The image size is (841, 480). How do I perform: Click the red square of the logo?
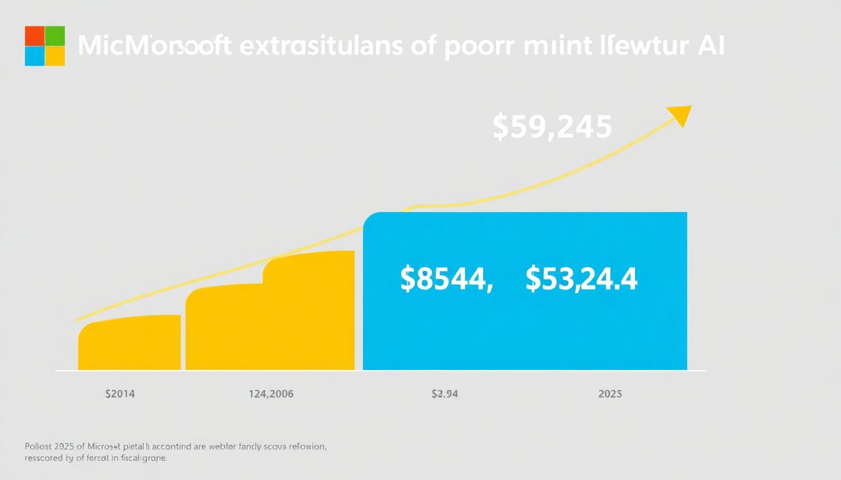(34, 36)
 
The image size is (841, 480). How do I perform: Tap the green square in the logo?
(55, 36)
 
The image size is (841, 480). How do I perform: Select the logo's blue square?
(34, 56)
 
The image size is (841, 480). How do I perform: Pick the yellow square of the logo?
(55, 56)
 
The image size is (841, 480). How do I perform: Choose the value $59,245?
(552, 127)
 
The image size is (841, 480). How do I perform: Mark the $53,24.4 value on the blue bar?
(581, 279)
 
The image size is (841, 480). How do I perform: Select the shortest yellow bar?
(130, 343)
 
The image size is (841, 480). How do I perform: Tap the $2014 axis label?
(120, 394)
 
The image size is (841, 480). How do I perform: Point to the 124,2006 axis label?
(270, 394)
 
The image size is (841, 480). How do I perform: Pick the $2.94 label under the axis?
(446, 394)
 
